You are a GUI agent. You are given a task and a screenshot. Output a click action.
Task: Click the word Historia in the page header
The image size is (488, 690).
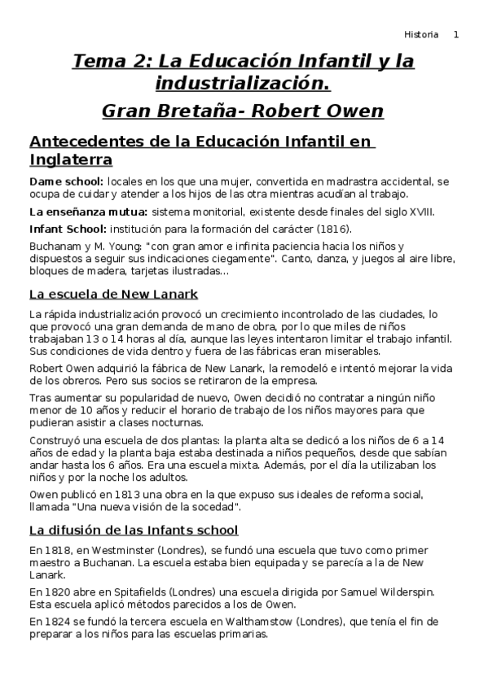coord(421,34)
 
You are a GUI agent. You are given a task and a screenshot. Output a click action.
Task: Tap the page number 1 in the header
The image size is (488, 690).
coord(456,34)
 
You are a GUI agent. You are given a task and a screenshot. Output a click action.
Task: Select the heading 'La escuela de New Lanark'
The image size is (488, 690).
coord(113,294)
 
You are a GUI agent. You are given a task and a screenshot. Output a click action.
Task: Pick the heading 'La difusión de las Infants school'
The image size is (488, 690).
coord(134,530)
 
